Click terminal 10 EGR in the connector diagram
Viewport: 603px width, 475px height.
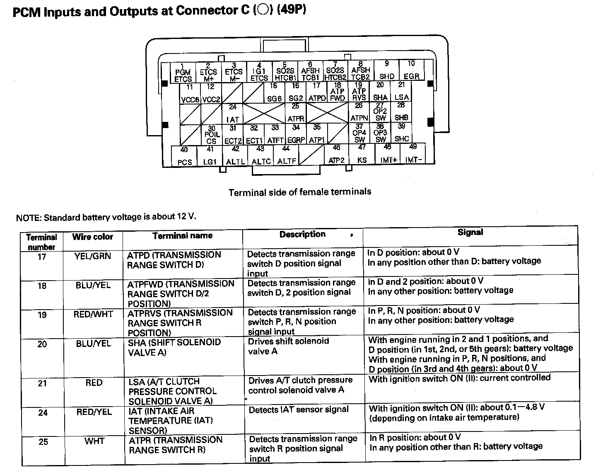pyautogui.click(x=411, y=71)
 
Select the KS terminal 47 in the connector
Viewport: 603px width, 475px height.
pyautogui.click(x=362, y=155)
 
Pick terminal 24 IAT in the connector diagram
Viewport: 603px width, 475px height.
pyautogui.click(x=233, y=113)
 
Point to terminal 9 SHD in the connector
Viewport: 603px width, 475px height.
pyautogui.click(x=386, y=71)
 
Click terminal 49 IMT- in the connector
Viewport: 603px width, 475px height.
pyautogui.click(x=413, y=154)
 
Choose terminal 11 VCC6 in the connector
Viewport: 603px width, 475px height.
pyautogui.click(x=190, y=93)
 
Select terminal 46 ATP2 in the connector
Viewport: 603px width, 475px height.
pyautogui.click(x=336, y=155)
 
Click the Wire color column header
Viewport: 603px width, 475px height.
pyautogui.click(x=92, y=237)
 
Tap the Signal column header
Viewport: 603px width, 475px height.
pyautogui.click(x=470, y=233)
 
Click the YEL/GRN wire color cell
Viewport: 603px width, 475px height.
pyautogui.click(x=93, y=256)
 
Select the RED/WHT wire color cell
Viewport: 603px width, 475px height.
pyautogui.click(x=93, y=314)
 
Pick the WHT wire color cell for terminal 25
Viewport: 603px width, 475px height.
pyautogui.click(x=94, y=441)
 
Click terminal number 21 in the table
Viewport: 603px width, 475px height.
pyautogui.click(x=43, y=383)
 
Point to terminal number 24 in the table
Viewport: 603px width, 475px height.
pyautogui.click(x=43, y=413)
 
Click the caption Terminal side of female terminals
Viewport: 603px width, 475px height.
pyautogui.click(x=300, y=192)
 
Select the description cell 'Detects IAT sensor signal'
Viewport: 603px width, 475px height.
pyautogui.click(x=299, y=410)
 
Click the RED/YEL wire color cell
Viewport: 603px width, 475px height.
pyautogui.click(x=94, y=412)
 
